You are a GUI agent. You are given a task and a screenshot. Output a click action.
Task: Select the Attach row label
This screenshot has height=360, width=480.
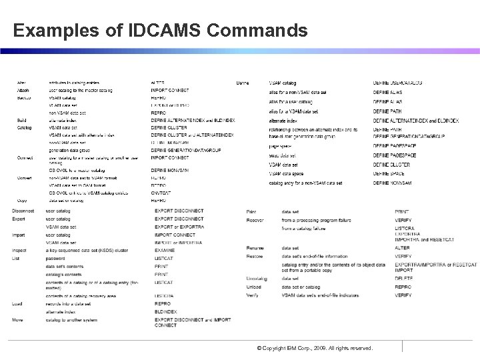[23, 90]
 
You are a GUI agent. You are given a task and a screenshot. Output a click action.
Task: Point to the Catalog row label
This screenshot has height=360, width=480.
[24, 127]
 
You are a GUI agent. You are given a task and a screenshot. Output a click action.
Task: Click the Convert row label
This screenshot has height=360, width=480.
[25, 178]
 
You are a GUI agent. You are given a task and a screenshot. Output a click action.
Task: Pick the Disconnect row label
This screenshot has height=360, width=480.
[24, 211]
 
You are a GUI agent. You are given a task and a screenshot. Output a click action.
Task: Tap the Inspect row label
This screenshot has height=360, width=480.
[19, 251]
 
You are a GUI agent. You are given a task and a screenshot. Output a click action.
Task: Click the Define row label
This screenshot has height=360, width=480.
[243, 83]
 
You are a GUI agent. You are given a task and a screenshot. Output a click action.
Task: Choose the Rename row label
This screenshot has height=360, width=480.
[255, 248]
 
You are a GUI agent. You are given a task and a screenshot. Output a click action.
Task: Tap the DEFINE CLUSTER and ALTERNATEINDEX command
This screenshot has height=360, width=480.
[192, 134]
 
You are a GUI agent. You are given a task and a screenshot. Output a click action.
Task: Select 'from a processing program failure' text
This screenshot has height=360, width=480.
[313, 219]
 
